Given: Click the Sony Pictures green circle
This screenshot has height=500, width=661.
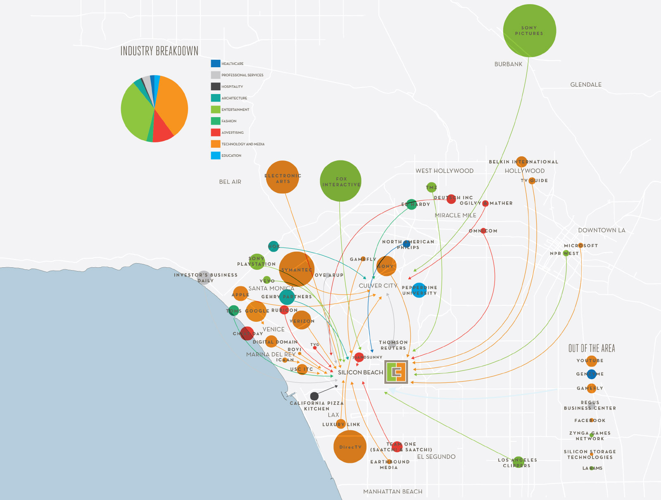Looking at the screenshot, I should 529,31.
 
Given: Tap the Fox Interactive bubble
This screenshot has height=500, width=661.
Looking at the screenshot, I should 340,181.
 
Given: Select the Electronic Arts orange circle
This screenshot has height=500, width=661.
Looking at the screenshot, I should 283,177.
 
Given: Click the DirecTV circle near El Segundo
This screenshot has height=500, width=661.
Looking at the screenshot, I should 350,447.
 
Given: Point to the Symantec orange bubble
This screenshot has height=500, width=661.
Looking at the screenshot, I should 297,269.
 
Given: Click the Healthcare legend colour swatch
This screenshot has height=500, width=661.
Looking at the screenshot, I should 215,64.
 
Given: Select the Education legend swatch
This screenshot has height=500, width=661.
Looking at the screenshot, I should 215,156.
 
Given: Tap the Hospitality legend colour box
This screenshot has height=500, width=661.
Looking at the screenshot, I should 215,87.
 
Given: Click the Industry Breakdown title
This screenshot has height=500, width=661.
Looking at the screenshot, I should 159,51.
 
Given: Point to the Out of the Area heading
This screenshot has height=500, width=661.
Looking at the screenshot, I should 592,349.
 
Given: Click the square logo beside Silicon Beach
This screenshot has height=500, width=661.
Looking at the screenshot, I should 397,372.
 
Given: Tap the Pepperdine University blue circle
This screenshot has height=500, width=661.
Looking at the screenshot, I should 419,290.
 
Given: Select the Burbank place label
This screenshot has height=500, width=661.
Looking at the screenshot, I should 508,64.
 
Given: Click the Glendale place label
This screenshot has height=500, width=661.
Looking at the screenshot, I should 586,85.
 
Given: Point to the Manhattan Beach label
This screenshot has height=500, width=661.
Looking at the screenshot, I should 392,492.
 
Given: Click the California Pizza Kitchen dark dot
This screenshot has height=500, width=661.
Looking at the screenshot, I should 314,396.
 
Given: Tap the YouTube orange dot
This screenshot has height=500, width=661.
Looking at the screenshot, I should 592,361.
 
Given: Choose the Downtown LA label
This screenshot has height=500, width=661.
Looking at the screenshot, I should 602,230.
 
